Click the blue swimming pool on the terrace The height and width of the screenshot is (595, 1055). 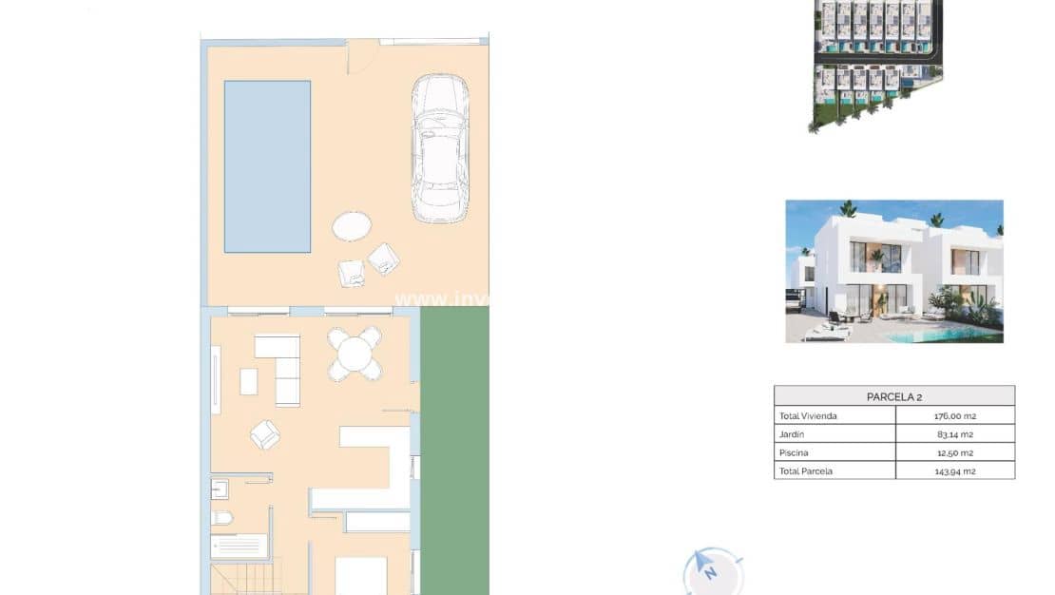pyautogui.click(x=267, y=166)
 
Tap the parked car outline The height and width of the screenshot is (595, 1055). pyautogui.click(x=439, y=148)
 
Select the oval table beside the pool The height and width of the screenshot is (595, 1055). pyautogui.click(x=352, y=226)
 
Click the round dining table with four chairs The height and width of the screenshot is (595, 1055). pyautogui.click(x=355, y=355)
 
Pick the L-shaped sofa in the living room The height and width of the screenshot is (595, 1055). pyautogui.click(x=281, y=367)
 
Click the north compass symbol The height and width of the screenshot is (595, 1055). pyautogui.click(x=709, y=570)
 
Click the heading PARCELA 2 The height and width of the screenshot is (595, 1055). pyautogui.click(x=893, y=396)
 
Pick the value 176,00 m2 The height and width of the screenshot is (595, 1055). pyautogui.click(x=954, y=416)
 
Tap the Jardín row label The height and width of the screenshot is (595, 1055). pyautogui.click(x=793, y=434)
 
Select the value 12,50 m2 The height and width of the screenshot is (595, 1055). pyautogui.click(x=954, y=452)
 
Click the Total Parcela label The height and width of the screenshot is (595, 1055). pyautogui.click(x=805, y=470)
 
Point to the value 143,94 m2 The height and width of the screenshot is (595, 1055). pyautogui.click(x=954, y=470)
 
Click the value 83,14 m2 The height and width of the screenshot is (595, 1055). pyautogui.click(x=954, y=434)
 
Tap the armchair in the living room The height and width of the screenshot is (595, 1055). pyautogui.click(x=265, y=434)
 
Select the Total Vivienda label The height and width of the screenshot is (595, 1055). pyautogui.click(x=808, y=416)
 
